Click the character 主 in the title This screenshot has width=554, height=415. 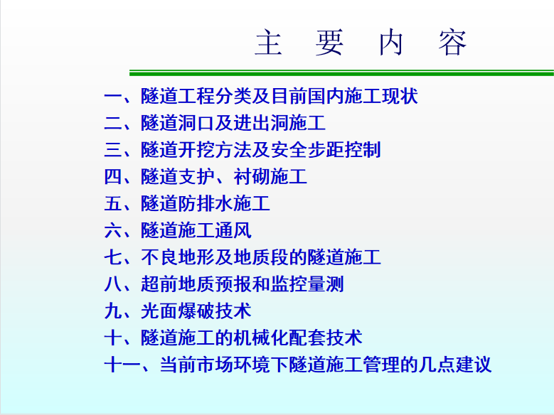pos(268,42)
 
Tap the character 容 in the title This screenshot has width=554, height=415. pos(452,42)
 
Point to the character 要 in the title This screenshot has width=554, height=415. pos(329,42)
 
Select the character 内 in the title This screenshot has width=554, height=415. pos(390,42)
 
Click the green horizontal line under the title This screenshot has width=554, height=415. pos(341,73)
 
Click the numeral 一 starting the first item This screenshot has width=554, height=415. pos(113,97)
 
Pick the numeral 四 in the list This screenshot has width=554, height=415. pos(113,177)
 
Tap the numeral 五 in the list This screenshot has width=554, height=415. pos(113,204)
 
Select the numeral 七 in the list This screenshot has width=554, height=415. pos(113,257)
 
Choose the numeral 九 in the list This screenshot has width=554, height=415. pos(113,311)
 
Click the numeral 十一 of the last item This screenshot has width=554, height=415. pos(122,365)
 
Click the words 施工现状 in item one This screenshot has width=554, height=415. pos(381,96)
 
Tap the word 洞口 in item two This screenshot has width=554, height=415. pos(196,123)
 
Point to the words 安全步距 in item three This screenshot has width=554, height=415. pos(307,150)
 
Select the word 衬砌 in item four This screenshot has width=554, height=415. pos(251,177)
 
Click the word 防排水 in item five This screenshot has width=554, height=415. pos(205,204)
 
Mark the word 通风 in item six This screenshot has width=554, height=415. pos(233,230)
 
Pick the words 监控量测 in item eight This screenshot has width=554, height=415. pos(307,284)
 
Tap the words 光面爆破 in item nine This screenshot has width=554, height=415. pos(177,311)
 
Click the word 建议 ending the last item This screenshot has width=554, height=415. pos(474,365)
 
